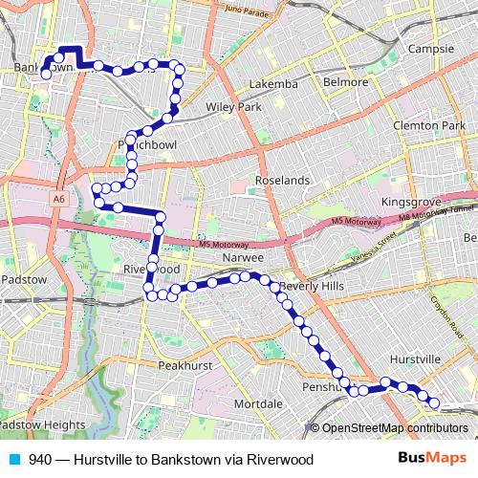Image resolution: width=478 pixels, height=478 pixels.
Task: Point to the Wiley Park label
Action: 232,107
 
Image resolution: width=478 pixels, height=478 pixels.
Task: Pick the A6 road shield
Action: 59,199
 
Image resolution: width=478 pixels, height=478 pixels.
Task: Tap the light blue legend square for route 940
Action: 15,459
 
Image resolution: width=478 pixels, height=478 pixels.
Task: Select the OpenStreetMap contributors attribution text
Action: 395,427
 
